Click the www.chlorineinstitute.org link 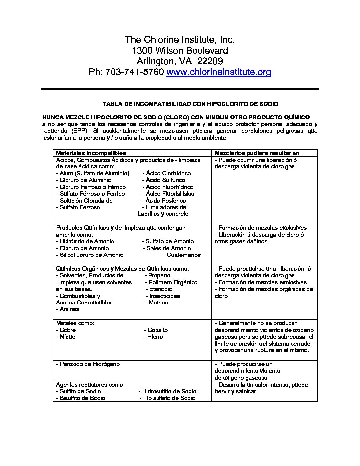(219, 72)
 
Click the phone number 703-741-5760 (134, 72)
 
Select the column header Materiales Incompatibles (91, 153)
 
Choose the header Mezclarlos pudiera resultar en (257, 153)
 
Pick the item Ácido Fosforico (166, 201)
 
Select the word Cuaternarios (184, 255)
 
